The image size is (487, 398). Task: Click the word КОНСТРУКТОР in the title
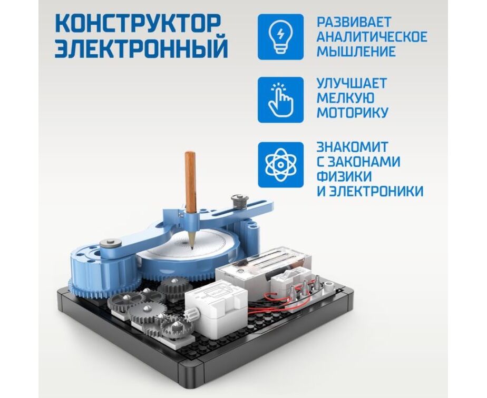point(138,23)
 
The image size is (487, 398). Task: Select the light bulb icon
point(280,37)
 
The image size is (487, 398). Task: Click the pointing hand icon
point(280,100)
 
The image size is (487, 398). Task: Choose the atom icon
point(280,164)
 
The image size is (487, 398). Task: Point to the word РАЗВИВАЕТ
point(354,22)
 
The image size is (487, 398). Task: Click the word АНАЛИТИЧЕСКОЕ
point(372,37)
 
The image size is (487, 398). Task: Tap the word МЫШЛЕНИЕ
point(356,51)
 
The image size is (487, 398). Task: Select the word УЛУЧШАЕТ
point(352,83)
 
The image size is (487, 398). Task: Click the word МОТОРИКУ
point(353,112)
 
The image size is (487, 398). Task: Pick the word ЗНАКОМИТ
point(352,147)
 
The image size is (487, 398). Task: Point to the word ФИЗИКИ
point(344,176)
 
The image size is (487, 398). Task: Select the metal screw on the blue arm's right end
point(239,201)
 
